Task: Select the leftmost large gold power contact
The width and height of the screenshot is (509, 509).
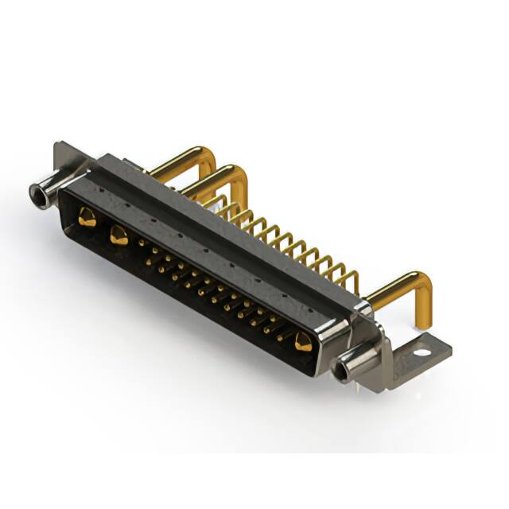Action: coord(87,217)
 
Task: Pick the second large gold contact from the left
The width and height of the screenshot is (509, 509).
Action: coord(119,235)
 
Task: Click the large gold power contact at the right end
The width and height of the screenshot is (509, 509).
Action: coord(303,343)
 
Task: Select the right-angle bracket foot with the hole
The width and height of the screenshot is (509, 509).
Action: coord(414,350)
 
